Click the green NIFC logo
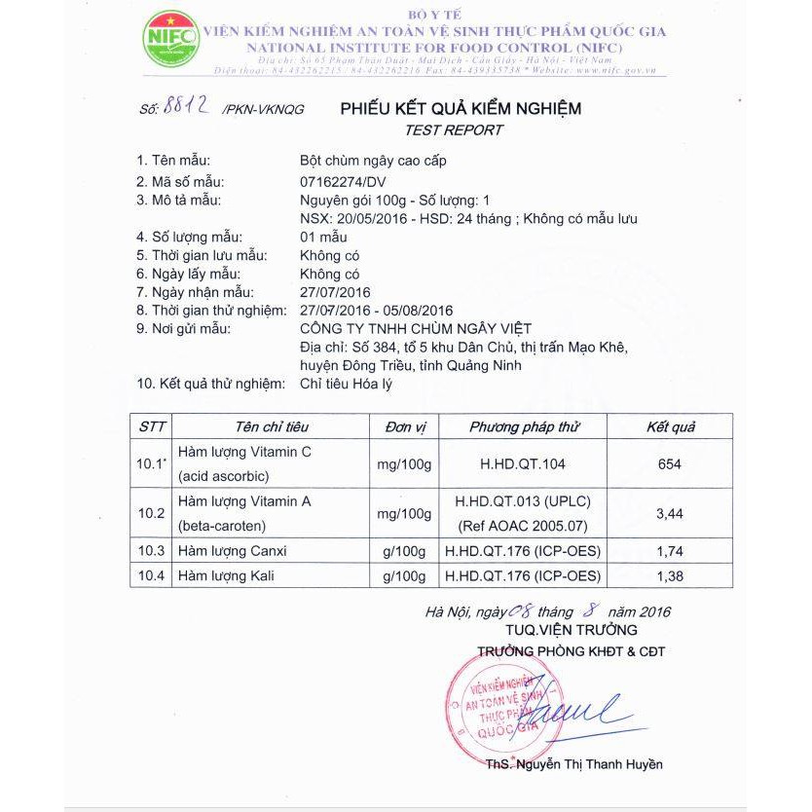pos(171,40)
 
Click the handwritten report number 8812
pos(188,107)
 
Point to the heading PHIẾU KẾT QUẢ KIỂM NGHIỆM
pos(461,108)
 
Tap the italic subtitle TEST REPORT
pos(454,129)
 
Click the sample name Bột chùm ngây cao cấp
pos(373,161)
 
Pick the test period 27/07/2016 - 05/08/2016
pos(378,311)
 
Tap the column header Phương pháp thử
pos(524,426)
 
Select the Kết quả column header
pos(670,426)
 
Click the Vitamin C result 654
pos(670,464)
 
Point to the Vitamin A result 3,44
pos(670,513)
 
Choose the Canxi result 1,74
pos(670,551)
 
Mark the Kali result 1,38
pos(670,576)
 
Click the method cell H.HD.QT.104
pos(524,464)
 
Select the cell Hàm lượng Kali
pos(226,576)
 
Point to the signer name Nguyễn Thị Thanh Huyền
pos(588,764)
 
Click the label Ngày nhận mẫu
pos(196,292)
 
